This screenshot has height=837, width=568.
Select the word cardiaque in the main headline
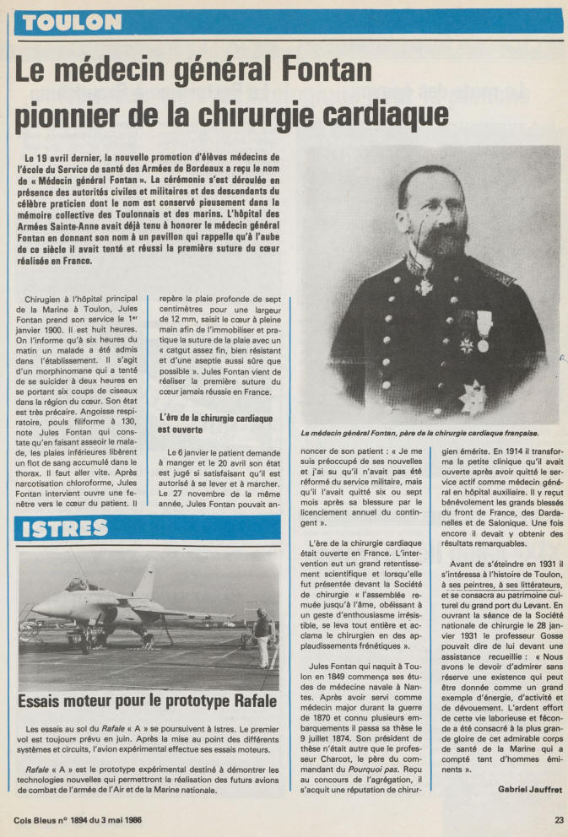[x=371, y=110]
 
